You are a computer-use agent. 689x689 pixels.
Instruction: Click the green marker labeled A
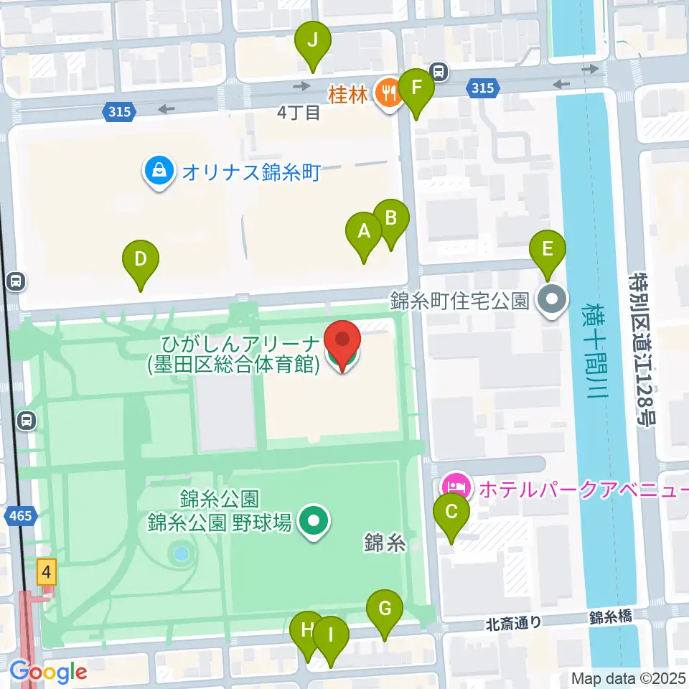364,232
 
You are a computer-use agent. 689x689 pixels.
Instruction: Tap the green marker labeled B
390,217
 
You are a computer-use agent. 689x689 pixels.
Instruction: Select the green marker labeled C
451,512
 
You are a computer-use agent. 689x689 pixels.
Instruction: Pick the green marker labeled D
141,258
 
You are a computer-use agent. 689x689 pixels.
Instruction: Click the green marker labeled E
548,250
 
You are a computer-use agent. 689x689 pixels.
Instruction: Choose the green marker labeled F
416,88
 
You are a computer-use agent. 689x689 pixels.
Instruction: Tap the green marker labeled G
385,609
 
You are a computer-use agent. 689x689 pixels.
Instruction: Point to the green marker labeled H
307,631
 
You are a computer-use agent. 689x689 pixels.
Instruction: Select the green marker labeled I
330,635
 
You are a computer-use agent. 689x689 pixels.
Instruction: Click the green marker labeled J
313,40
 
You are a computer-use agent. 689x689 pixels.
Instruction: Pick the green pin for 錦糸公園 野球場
311,522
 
